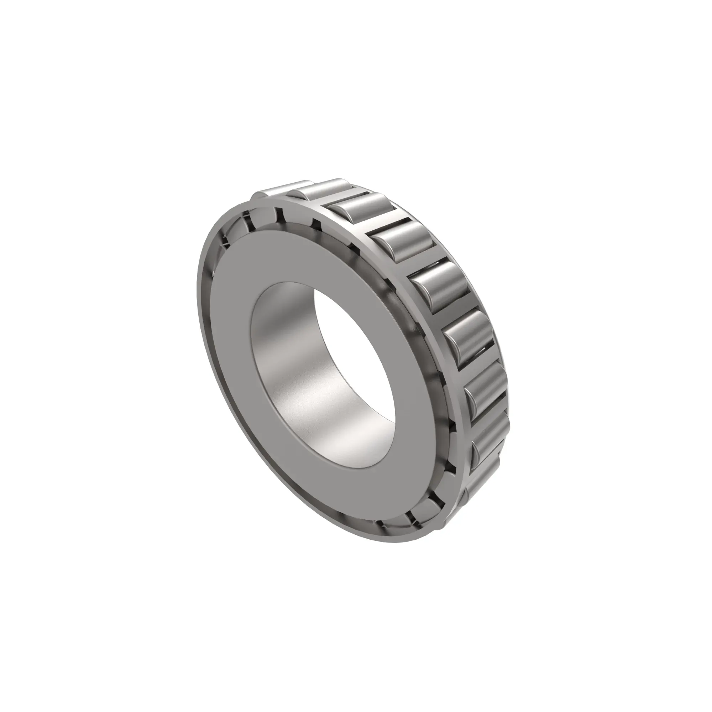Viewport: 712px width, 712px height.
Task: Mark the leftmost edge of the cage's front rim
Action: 198,317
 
